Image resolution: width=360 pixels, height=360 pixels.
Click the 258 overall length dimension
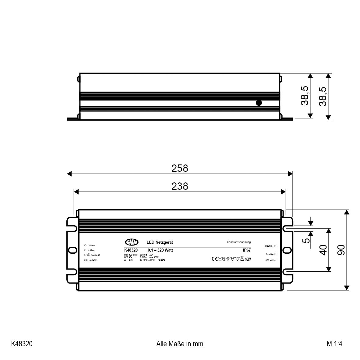click(x=180, y=168)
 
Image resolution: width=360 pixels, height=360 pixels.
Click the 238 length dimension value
click(x=180, y=186)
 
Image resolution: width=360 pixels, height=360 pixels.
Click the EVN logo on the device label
click(x=132, y=242)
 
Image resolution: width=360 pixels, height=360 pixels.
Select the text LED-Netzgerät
click(x=160, y=242)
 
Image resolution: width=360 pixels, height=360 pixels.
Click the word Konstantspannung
click(x=239, y=242)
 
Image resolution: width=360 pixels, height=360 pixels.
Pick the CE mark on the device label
click(x=214, y=259)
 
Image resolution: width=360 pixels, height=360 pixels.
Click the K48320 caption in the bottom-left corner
click(x=22, y=344)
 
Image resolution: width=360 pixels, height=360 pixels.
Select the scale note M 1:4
click(x=335, y=344)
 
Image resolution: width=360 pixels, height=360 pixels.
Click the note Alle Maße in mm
click(x=180, y=344)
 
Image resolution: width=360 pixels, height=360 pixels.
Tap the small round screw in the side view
click(x=259, y=103)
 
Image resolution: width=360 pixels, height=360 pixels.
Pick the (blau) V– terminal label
click(x=269, y=254)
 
